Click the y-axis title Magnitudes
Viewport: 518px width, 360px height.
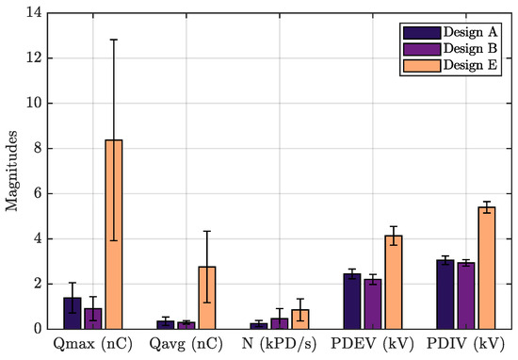pyautogui.click(x=11, y=171)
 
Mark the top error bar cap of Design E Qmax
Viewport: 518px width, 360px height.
pyautogui.click(x=114, y=40)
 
